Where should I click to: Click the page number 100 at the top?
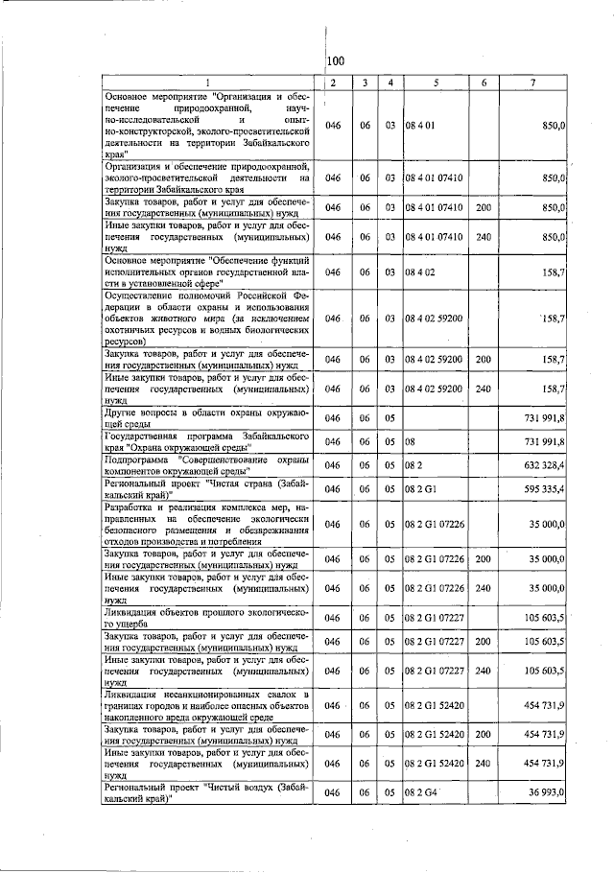[x=335, y=61]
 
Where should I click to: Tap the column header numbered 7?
[x=532, y=83]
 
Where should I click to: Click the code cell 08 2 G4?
[x=421, y=792]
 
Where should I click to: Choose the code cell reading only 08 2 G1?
[x=421, y=489]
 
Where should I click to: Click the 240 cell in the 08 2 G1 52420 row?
[x=484, y=764]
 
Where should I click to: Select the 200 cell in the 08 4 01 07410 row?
[x=484, y=207]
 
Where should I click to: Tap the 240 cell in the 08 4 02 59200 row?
[x=484, y=389]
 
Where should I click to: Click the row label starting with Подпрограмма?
[x=209, y=464]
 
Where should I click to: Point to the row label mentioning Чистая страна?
[x=209, y=489]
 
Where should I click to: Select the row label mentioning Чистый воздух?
[x=209, y=792]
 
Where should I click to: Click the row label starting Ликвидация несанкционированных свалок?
[x=209, y=705]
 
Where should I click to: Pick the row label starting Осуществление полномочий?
[x=209, y=318]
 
